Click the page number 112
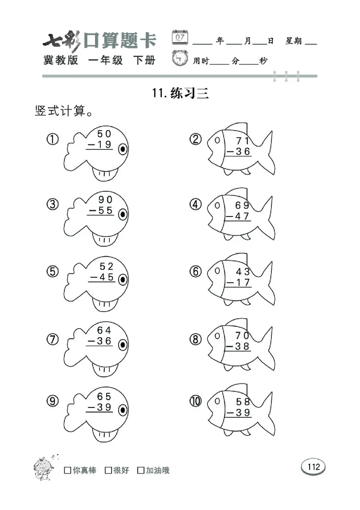(313, 466)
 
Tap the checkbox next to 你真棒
(67, 470)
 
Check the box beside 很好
(108, 470)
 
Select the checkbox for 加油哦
(141, 470)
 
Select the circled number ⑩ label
(196, 401)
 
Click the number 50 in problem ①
(104, 134)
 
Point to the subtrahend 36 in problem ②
(242, 152)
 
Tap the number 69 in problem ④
(242, 206)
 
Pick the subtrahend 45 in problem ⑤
(104, 277)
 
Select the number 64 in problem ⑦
(104, 330)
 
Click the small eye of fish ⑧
(217, 336)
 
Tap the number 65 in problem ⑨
(104, 397)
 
